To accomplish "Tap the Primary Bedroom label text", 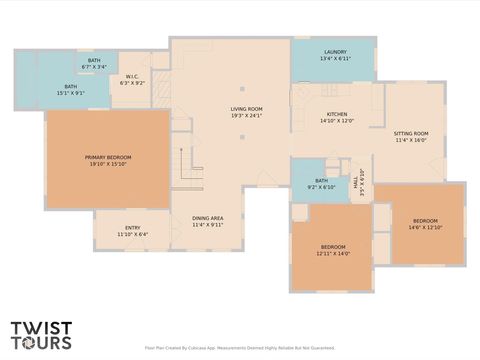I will tap(107, 157).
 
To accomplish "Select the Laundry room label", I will tap(335, 52).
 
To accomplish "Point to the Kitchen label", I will tap(337, 115).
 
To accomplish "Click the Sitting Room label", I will tap(410, 133).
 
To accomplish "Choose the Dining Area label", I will tap(208, 218).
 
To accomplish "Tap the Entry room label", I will tap(132, 228).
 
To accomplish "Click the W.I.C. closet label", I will tap(133, 77).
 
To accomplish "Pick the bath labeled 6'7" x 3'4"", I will tap(94, 61).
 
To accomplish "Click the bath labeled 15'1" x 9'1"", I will tap(71, 87).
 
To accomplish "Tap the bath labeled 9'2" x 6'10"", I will tap(311, 181).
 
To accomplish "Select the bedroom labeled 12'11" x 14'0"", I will tap(333, 247).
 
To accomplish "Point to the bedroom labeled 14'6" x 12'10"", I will tap(425, 221).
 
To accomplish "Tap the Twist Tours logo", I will tap(41, 335).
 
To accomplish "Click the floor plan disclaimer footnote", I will tap(239, 348).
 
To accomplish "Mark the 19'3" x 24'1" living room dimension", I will tap(246, 115).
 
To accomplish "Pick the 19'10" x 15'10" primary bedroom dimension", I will tap(107, 163).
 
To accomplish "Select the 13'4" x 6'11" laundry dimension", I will tap(335, 59).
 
